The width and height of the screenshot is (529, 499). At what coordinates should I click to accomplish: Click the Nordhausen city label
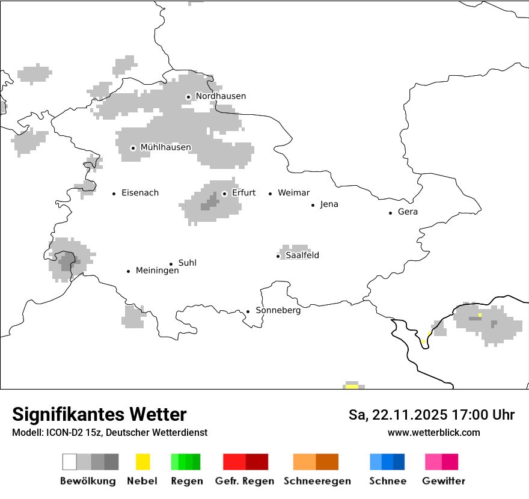(x=221, y=96)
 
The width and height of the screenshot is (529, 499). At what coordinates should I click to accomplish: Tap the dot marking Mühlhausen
(x=133, y=148)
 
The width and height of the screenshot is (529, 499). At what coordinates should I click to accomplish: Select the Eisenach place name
(x=140, y=193)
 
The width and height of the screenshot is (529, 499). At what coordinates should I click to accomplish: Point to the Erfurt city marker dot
(x=224, y=194)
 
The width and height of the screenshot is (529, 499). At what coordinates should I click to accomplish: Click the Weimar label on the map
(x=293, y=193)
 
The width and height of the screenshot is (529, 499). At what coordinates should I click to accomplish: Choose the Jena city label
(x=329, y=204)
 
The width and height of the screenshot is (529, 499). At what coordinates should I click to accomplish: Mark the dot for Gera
(x=391, y=213)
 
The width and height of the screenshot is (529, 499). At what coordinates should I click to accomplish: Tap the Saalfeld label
(x=302, y=256)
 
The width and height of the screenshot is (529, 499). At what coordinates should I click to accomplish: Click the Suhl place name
(x=187, y=263)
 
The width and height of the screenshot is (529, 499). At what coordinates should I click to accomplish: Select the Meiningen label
(x=157, y=271)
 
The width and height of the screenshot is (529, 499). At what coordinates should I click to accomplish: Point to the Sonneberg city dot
(x=248, y=311)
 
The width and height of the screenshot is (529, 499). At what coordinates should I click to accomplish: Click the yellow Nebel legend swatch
(x=142, y=462)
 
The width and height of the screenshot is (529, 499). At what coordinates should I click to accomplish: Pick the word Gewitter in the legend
(x=444, y=481)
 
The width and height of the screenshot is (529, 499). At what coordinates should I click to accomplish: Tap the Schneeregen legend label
(x=317, y=481)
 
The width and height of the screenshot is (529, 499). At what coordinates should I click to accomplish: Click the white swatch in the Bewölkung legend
(x=69, y=462)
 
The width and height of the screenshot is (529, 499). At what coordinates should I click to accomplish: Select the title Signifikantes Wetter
(x=99, y=415)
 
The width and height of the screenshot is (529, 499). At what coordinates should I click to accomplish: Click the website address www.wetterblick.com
(x=433, y=433)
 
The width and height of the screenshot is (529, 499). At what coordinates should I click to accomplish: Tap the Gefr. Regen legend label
(x=245, y=481)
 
